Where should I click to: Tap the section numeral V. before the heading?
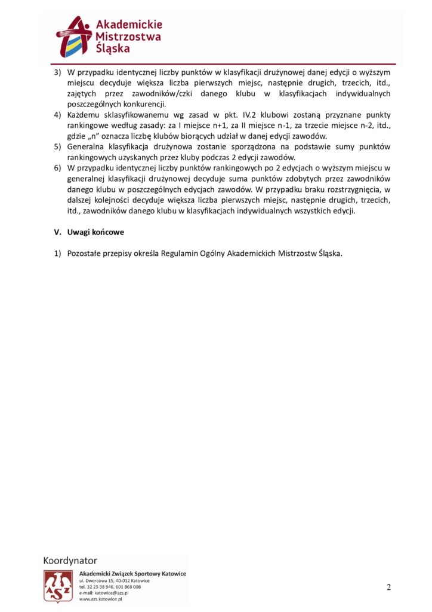point(58,232)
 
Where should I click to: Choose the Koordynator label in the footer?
point(70,561)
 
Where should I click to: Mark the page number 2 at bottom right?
point(388,587)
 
